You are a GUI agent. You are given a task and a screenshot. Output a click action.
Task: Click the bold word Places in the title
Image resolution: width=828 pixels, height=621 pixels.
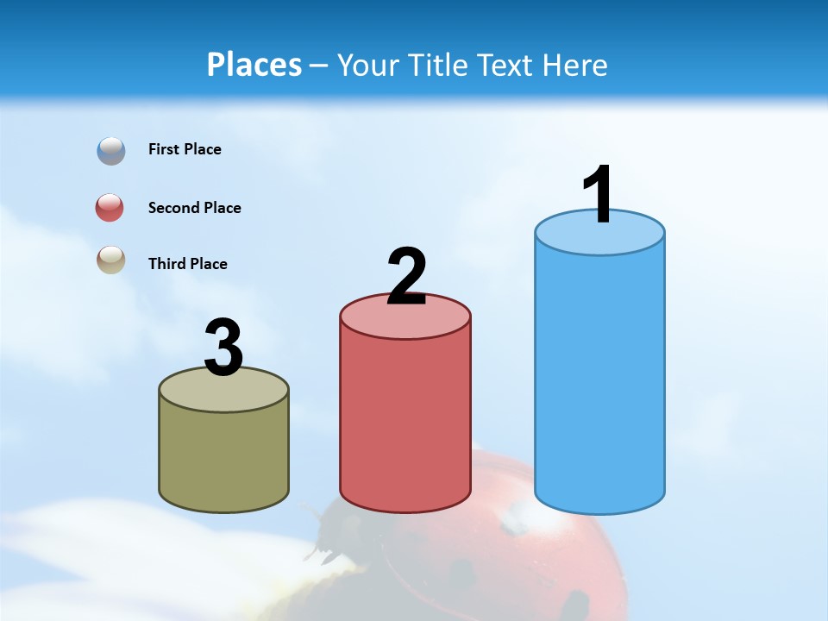[x=254, y=65]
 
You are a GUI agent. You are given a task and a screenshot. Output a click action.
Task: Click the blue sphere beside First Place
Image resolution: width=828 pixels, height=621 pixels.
[x=111, y=150]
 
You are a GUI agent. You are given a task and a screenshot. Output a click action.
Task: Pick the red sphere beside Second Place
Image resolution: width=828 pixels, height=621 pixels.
[x=110, y=208]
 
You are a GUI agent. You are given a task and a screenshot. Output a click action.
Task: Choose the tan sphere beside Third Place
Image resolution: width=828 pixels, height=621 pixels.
[x=111, y=260]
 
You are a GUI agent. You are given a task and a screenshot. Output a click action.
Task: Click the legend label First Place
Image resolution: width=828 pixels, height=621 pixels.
[x=185, y=149]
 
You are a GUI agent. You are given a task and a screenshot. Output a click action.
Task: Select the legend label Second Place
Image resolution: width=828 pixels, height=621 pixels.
[x=195, y=208]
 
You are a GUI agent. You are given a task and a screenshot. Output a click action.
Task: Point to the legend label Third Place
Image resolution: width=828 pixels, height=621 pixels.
[x=188, y=264]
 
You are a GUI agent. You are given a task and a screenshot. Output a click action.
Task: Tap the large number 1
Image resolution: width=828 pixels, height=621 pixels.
[x=598, y=195]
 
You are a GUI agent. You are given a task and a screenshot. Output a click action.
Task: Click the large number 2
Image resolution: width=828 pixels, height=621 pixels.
[x=407, y=277]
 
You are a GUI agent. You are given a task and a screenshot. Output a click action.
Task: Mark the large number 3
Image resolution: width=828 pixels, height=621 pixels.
[x=223, y=348]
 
